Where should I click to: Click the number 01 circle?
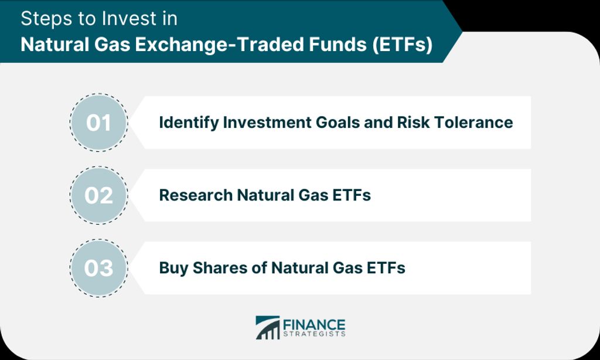[x=98, y=123]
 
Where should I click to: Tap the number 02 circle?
[x=98, y=195]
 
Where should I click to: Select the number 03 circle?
[x=98, y=268]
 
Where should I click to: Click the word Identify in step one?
[x=189, y=123]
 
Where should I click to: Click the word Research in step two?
[x=196, y=195]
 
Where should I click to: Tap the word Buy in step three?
[x=173, y=269]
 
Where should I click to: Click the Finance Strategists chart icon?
[x=267, y=327]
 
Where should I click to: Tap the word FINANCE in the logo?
[x=314, y=325]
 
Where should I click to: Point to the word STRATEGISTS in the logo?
[x=314, y=334]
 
